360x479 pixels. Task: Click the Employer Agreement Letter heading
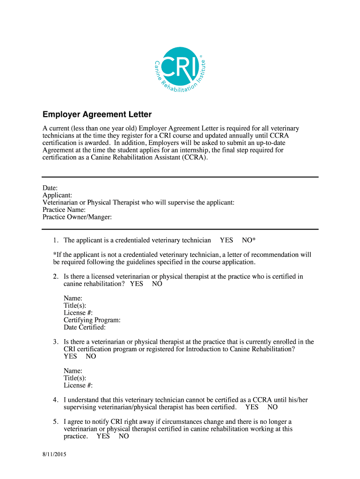click(x=97, y=115)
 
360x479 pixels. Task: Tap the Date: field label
click(x=50, y=188)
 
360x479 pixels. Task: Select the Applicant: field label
click(x=57, y=195)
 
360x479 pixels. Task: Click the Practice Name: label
click(x=64, y=210)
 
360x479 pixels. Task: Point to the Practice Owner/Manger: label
click(x=77, y=217)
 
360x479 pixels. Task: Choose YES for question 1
click(x=226, y=240)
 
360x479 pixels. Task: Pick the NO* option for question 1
click(x=249, y=240)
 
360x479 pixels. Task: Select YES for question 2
click(x=137, y=284)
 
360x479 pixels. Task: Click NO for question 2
click(x=157, y=284)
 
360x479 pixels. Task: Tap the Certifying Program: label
click(x=92, y=320)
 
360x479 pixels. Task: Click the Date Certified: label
click(x=85, y=327)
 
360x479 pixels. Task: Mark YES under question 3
click(x=71, y=356)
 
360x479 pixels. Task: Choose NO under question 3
click(x=91, y=356)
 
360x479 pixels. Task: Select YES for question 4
click(x=252, y=407)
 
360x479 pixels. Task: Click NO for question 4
click(x=273, y=407)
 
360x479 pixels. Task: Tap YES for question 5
click(x=103, y=436)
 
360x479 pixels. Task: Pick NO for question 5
click(x=124, y=436)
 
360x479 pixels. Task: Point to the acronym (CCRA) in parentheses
click(x=189, y=158)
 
